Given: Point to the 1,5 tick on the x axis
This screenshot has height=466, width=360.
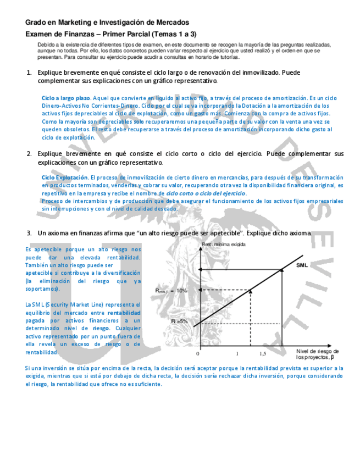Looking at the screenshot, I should pyautogui.click(x=262, y=353).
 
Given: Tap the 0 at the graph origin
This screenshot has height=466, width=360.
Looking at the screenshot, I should pyautogui.click(x=198, y=353).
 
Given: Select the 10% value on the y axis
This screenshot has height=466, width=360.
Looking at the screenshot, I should pyautogui.click(x=181, y=291).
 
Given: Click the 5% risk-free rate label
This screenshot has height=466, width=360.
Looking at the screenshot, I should pyautogui.click(x=181, y=320).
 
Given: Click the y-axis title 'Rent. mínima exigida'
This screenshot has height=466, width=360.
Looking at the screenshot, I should pyautogui.click(x=223, y=243).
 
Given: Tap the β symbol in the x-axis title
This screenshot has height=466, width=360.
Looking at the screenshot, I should pyautogui.click(x=333, y=357).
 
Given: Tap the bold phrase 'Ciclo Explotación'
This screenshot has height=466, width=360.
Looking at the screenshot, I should pyautogui.click(x=65, y=178).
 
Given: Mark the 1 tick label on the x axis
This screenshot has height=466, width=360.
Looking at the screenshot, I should pyautogui.click(x=237, y=353).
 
